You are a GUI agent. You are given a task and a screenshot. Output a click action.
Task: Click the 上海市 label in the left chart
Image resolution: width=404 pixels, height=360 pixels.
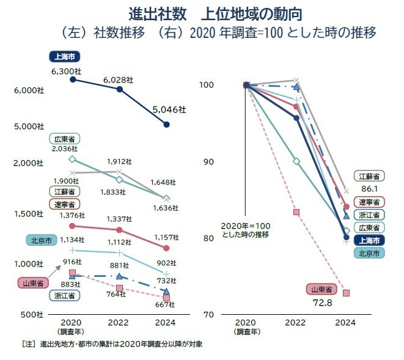pyautogui.click(x=64, y=57)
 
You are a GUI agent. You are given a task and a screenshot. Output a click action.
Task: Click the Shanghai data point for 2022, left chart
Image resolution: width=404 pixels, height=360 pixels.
pyautogui.click(x=120, y=90)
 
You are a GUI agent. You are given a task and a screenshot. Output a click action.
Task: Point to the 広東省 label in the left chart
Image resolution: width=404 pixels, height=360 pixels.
pyautogui.click(x=64, y=139)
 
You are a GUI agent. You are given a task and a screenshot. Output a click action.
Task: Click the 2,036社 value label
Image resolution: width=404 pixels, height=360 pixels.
pyautogui.click(x=65, y=149)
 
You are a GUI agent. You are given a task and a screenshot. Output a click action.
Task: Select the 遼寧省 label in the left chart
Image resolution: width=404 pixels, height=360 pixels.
pyautogui.click(x=64, y=204)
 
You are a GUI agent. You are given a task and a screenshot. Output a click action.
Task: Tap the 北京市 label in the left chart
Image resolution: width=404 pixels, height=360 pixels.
pyautogui.click(x=40, y=240)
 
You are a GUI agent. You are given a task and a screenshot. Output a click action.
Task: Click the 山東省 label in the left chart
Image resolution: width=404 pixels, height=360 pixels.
pyautogui.click(x=32, y=284)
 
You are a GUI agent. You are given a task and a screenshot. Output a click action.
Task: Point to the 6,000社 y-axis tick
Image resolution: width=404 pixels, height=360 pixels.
pyautogui.click(x=28, y=90)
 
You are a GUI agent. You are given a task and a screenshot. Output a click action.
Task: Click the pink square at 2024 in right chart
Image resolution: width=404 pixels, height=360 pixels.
pyautogui.click(x=346, y=293)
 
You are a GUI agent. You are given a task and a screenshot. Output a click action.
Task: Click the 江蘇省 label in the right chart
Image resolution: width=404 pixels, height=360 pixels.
pyautogui.click(x=370, y=177)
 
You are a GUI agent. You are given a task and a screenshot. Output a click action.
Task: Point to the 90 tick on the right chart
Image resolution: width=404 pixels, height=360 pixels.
pyautogui.click(x=209, y=161)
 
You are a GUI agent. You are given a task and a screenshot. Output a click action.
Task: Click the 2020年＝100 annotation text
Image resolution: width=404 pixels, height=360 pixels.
pyautogui.click(x=244, y=225)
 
